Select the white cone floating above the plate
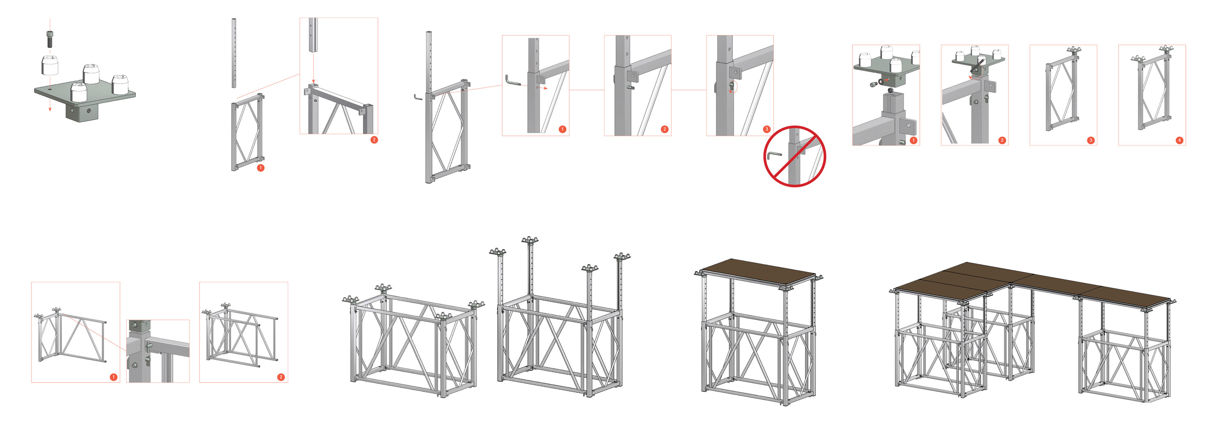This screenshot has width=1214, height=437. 50,65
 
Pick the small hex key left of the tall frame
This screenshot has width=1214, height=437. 418,97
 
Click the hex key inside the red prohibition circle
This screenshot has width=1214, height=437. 773,155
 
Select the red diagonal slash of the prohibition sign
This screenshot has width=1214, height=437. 795,156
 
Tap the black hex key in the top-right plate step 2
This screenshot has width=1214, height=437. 977,66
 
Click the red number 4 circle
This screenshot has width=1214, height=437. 1179,140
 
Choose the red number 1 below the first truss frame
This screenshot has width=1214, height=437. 261,168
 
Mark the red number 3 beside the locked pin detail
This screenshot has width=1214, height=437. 767,129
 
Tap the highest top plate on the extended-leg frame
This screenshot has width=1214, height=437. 529,240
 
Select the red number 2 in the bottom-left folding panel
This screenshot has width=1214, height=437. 281,377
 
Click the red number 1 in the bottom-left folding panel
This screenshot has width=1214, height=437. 113,377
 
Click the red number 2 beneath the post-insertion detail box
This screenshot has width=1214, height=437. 374,140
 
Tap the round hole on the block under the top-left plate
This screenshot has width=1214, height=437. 88,111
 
